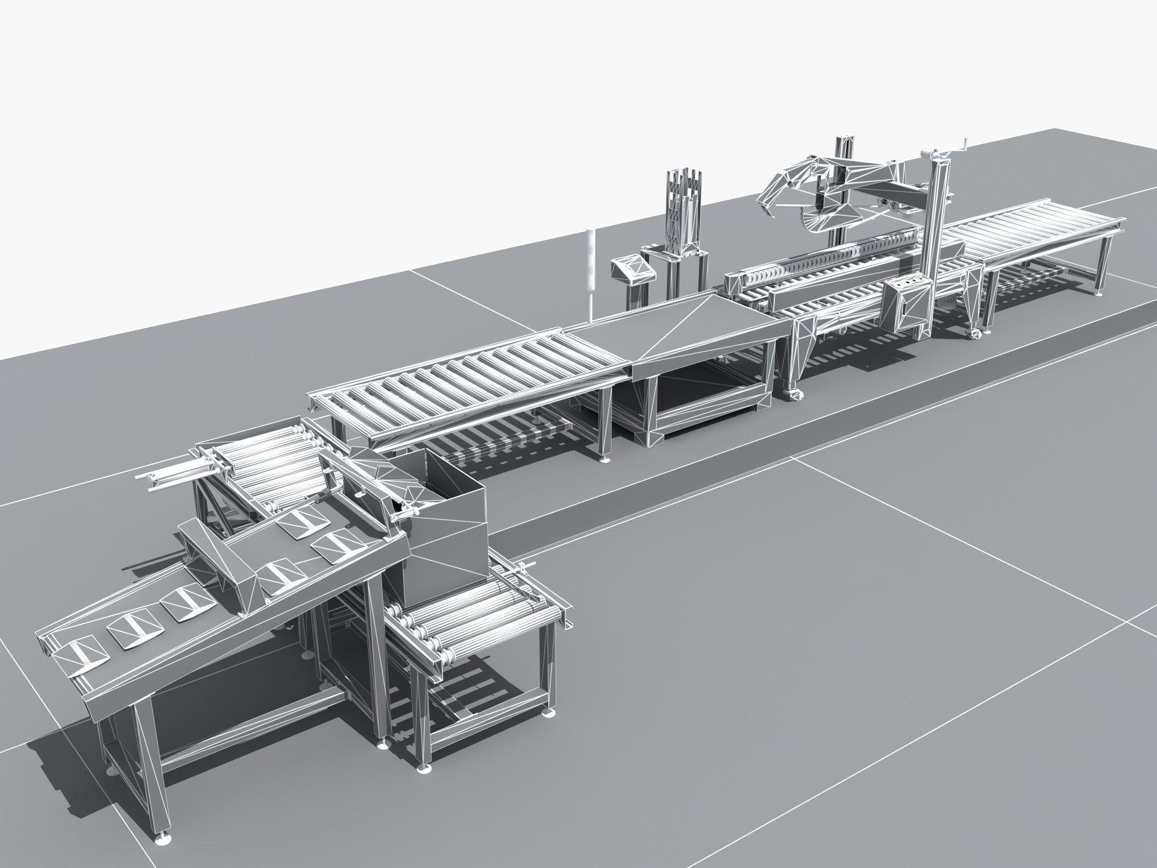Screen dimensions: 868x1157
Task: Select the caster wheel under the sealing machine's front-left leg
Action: click(794, 395)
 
